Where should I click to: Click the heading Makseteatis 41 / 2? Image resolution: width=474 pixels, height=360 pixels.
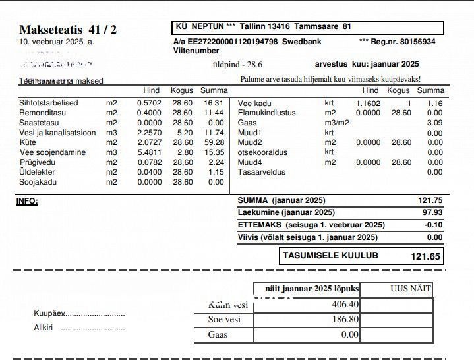pos(68,30)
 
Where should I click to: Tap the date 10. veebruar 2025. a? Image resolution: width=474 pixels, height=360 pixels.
pos(57,42)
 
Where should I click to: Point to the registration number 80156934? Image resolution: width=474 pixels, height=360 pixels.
pos(417,42)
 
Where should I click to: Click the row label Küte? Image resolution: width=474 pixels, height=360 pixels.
pos(28,142)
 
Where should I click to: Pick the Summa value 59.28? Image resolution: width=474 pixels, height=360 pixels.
pos(213,142)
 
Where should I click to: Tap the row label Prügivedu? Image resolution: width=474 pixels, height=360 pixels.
pos(37,162)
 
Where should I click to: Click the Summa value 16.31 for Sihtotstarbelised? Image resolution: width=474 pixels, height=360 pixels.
pos(213,103)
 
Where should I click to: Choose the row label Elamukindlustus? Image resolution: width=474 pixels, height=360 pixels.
pos(266,113)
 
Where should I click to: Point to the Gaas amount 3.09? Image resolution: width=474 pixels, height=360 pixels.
pos(434,123)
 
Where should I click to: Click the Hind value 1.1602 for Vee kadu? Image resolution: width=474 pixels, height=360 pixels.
pos(368,104)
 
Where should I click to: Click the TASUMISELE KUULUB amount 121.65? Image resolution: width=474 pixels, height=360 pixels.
pos(425,256)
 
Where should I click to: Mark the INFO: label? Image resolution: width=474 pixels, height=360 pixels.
pos(27,201)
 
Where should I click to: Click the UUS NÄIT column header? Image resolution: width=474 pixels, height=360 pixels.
pos(410,289)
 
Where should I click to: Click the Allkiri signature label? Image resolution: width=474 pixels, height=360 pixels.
pos(44,328)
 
